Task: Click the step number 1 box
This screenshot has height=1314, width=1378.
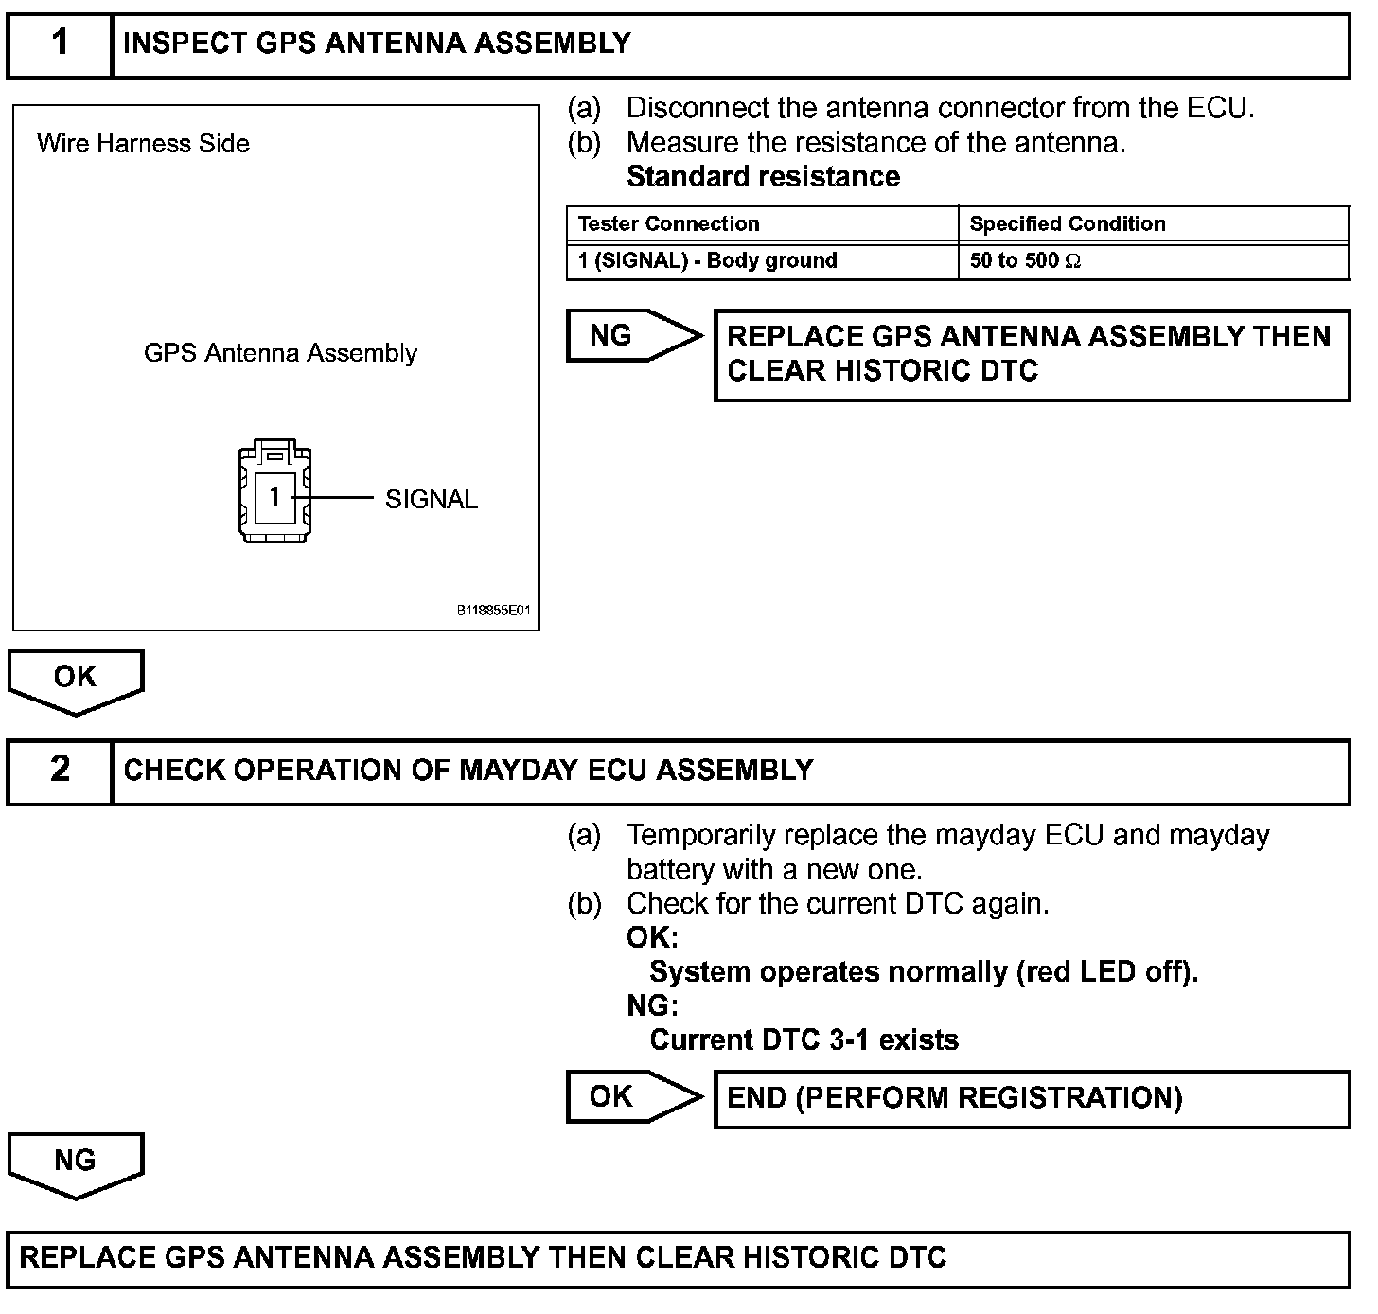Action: pyautogui.click(x=60, y=44)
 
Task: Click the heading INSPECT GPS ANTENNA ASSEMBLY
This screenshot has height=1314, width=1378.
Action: pyautogui.click(x=377, y=44)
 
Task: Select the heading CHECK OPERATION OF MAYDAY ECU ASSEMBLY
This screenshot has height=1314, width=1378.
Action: pyautogui.click(x=468, y=771)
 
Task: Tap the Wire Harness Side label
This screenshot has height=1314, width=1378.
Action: pyautogui.click(x=143, y=144)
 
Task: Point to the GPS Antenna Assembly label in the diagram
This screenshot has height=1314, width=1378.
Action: pyautogui.click(x=280, y=353)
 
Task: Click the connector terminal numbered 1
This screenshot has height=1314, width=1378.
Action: pyautogui.click(x=274, y=497)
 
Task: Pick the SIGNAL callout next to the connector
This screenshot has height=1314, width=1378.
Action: pyautogui.click(x=432, y=500)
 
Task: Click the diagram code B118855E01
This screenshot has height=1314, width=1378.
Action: pyautogui.click(x=494, y=612)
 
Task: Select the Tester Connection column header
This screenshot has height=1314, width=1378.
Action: pyautogui.click(x=668, y=224)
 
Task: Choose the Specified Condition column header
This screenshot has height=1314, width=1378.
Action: pyautogui.click(x=1068, y=224)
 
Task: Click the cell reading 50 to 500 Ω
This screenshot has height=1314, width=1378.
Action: pyautogui.click(x=1025, y=261)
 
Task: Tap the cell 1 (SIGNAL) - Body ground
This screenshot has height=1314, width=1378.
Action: pyautogui.click(x=707, y=261)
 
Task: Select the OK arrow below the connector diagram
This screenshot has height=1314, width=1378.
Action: pyautogui.click(x=76, y=679)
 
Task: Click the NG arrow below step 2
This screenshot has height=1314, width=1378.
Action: pyautogui.click(x=76, y=1162)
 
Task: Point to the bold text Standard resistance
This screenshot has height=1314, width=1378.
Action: pyautogui.click(x=763, y=177)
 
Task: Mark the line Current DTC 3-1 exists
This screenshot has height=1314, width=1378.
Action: pyautogui.click(x=804, y=1040)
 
